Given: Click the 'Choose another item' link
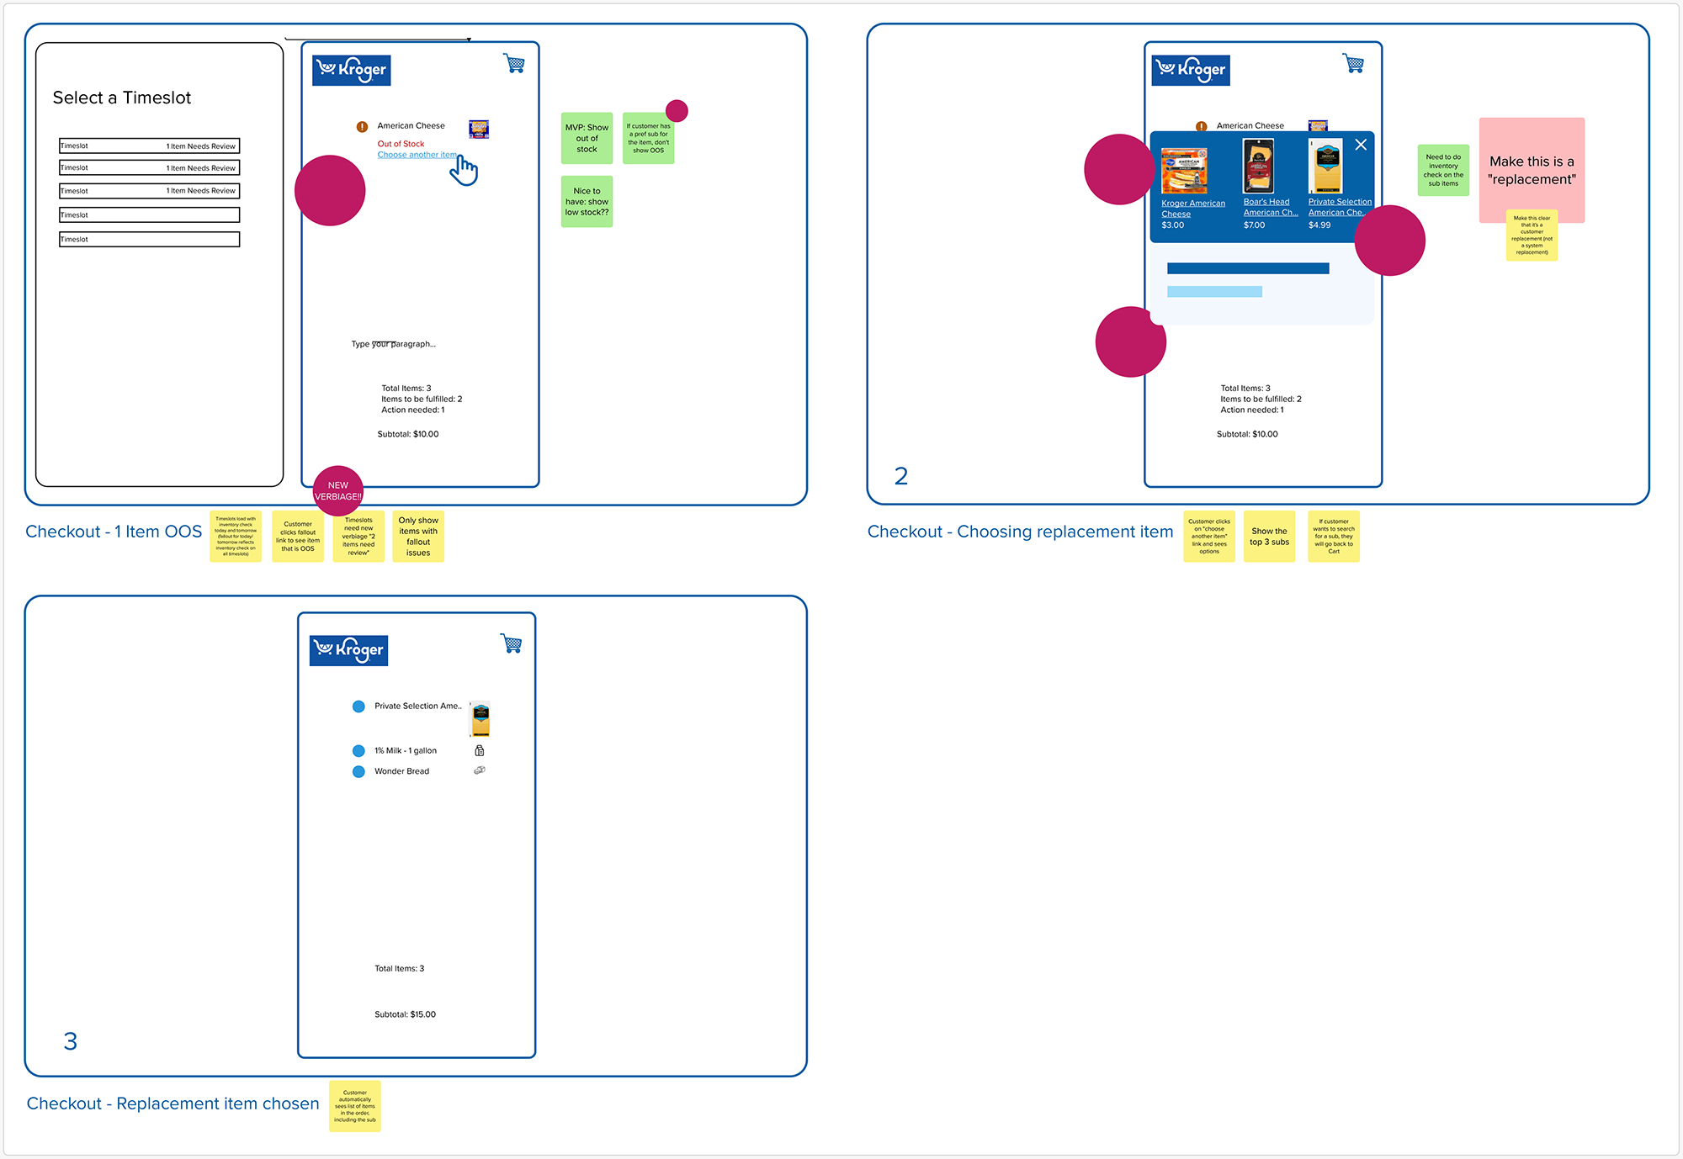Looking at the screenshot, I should (x=417, y=155).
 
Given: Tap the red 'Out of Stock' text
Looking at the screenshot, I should (x=401, y=144).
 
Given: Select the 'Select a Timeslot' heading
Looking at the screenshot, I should (x=122, y=98).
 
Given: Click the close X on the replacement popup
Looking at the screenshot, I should (x=1361, y=145).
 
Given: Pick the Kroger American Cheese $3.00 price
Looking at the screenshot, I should (x=1172, y=225).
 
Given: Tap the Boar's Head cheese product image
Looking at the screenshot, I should (x=1258, y=167).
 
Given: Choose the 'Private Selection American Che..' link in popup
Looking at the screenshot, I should (x=1339, y=207).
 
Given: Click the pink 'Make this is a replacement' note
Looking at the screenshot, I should (x=1532, y=170).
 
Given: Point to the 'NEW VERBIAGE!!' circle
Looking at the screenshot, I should (x=338, y=491).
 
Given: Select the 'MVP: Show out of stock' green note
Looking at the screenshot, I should (x=587, y=138).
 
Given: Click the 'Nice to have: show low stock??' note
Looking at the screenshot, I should (x=587, y=202).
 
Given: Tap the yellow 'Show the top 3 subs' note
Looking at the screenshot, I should (x=1269, y=537).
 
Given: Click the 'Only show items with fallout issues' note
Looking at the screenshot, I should (x=418, y=537).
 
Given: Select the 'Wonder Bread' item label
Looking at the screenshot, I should (x=401, y=771).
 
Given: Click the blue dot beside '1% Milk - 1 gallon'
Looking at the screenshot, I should (x=358, y=750).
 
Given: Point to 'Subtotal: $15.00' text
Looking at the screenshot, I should (x=405, y=1014).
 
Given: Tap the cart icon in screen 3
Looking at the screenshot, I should (x=512, y=643).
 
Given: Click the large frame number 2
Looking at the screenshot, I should (x=900, y=476).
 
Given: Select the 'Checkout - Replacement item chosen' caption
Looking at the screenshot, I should (x=173, y=1103).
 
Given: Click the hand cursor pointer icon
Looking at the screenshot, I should (x=464, y=170).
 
